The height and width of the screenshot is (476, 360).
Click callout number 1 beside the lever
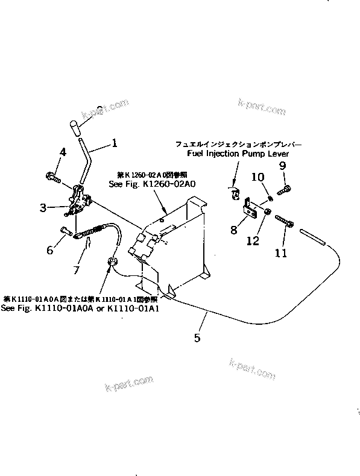pos(115,144)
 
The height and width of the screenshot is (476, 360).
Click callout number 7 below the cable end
pos(75,270)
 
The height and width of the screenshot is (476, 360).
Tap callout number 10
pos(257,177)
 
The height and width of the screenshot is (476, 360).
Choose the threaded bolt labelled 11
pos(285,222)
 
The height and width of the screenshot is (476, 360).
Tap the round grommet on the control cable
pos(112,261)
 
